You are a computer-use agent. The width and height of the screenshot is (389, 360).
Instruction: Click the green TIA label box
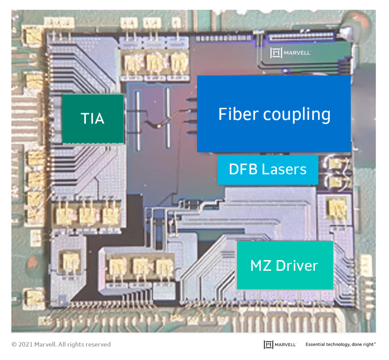tap(93, 118)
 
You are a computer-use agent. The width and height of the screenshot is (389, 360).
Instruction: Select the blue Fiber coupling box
tap(274, 114)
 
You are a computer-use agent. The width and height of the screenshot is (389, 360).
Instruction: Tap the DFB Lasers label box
tap(267, 169)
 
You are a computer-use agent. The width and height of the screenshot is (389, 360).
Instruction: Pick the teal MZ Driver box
tap(285, 265)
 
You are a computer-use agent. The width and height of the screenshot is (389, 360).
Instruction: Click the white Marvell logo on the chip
tap(291, 53)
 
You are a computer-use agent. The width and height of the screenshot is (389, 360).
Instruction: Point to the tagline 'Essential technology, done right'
tap(340, 344)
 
